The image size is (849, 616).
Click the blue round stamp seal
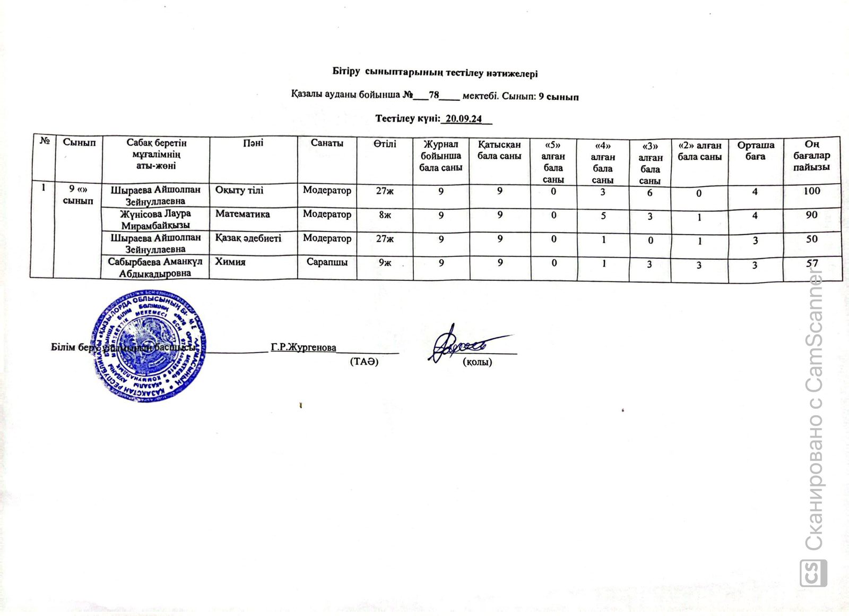pos(150,345)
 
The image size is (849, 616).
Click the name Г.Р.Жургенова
pos(304,347)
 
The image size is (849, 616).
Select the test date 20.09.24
pos(464,118)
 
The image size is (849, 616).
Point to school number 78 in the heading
pos(434,96)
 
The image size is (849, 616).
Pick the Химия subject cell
pos(230,261)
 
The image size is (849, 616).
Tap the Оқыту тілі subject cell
pos(239,190)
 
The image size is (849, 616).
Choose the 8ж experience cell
pos(385,215)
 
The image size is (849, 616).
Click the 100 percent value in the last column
pos(811,191)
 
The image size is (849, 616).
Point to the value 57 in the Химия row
pos(811,263)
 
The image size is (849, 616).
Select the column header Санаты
pos(327,143)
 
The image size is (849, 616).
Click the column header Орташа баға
pos(756,150)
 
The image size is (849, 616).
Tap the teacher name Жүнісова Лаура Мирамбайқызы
pos(155,219)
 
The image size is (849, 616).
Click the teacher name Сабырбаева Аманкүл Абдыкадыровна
pos(155,267)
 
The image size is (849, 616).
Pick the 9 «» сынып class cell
pos(77,195)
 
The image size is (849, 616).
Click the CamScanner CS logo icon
pos(813,574)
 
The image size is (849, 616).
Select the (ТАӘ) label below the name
pos(364,362)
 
